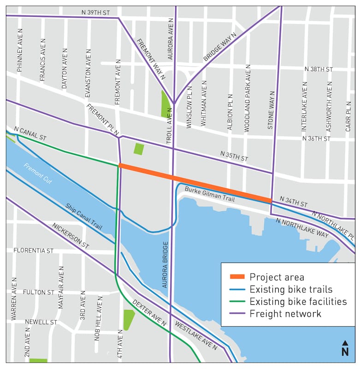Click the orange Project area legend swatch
point(237,277)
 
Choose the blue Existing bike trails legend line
point(237,289)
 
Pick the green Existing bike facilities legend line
point(237,302)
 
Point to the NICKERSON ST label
point(70,237)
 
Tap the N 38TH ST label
point(318,69)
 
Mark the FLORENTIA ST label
point(34,251)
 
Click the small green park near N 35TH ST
point(138,149)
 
